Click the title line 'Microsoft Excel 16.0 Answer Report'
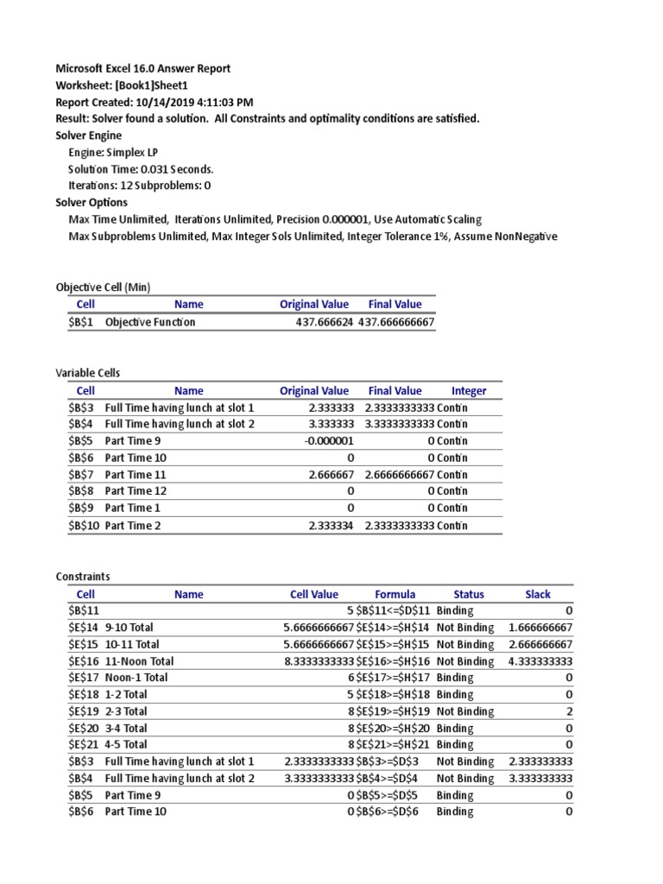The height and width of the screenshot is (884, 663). pyautogui.click(x=142, y=68)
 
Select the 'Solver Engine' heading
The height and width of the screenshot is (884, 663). pyautogui.click(x=89, y=135)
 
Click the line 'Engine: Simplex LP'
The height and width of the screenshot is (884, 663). pyautogui.click(x=112, y=152)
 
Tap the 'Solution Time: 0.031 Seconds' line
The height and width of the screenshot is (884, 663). pyautogui.click(x=141, y=168)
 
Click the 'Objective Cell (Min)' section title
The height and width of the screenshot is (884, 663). pyautogui.click(x=103, y=287)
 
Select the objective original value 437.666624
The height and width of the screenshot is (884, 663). pyautogui.click(x=324, y=322)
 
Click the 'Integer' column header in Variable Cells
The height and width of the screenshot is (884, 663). pyautogui.click(x=469, y=390)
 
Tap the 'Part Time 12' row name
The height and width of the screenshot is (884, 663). pyautogui.click(x=132, y=490)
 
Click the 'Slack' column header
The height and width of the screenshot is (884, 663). pyautogui.click(x=537, y=594)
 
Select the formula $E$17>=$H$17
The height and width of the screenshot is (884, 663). pyautogui.click(x=394, y=678)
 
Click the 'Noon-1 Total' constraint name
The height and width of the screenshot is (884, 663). pyautogui.click(x=136, y=678)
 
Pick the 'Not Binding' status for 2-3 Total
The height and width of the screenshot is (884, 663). pyautogui.click(x=465, y=711)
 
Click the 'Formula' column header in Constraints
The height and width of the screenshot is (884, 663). pyautogui.click(x=395, y=594)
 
